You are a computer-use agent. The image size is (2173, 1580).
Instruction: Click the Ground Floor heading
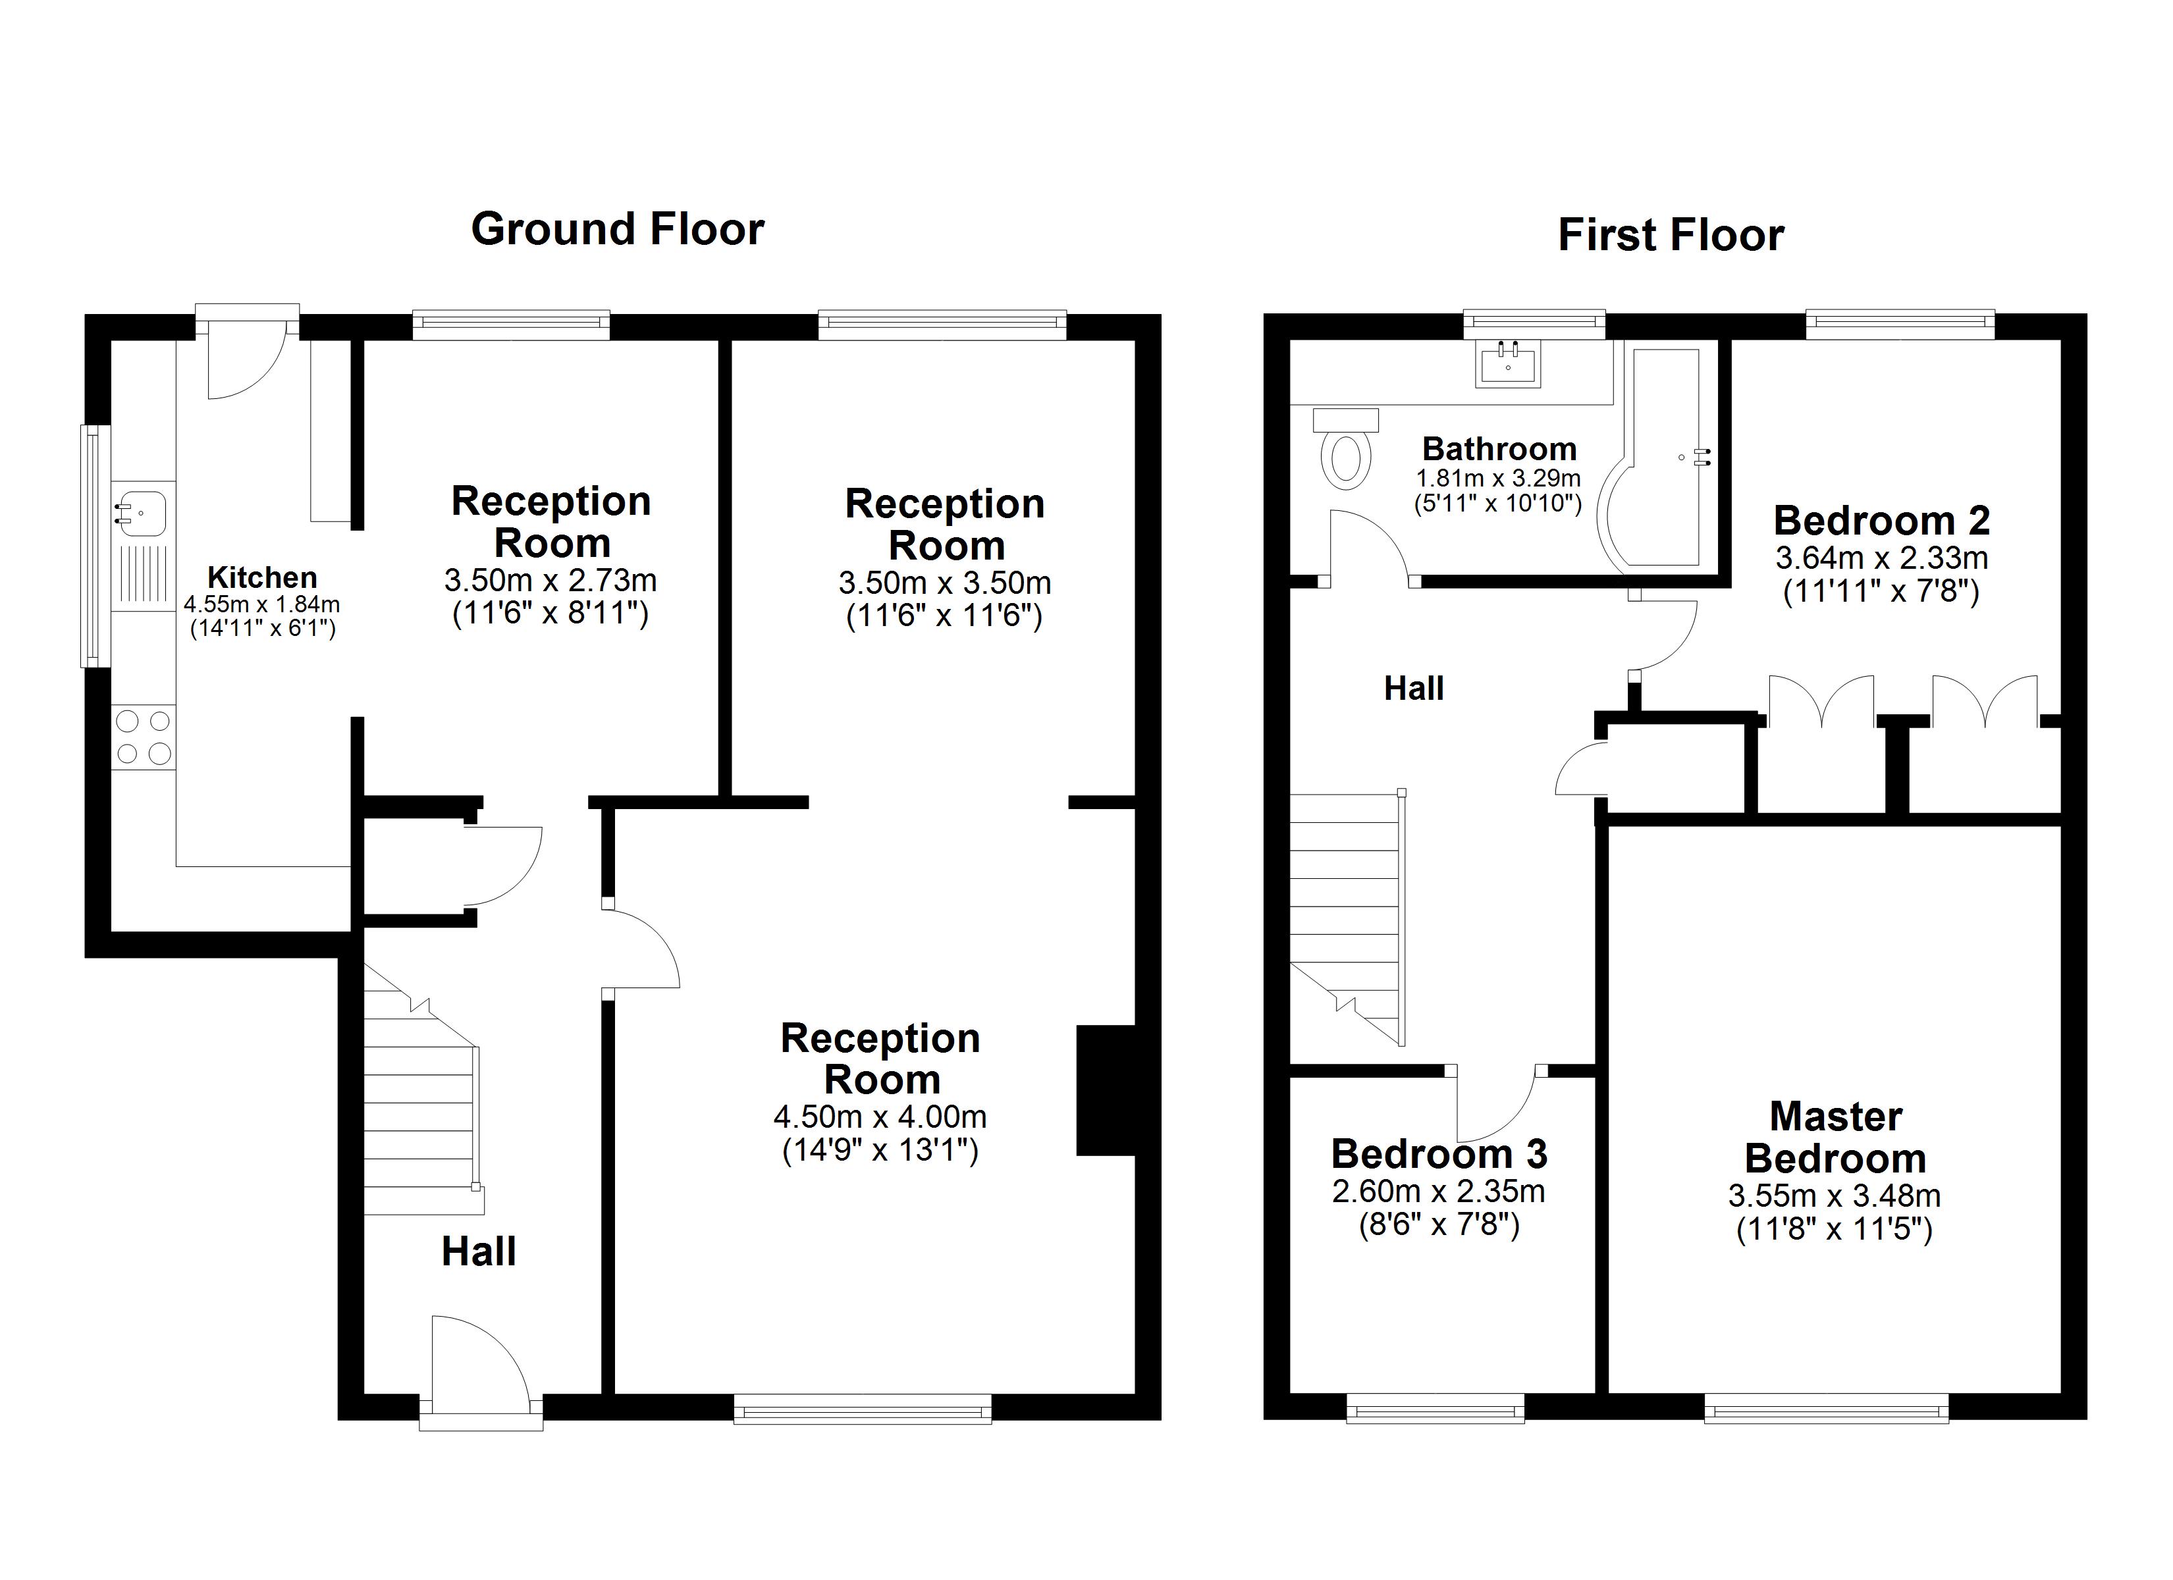(x=617, y=230)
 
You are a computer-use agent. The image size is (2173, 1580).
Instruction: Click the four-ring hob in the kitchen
(x=144, y=737)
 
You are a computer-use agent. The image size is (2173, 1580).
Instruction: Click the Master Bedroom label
(x=1835, y=1138)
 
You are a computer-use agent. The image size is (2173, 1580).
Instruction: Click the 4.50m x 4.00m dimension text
(x=880, y=1117)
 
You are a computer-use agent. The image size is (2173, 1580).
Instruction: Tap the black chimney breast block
(x=1106, y=1090)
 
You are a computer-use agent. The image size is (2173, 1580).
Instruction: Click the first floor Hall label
(x=1413, y=688)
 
